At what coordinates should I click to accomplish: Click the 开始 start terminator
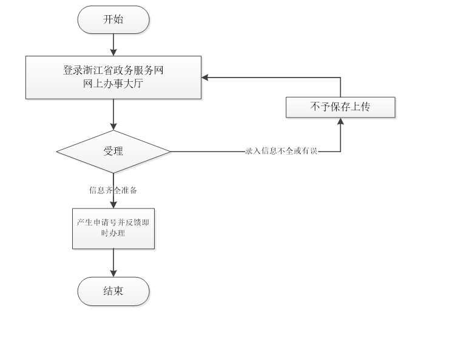tap(113, 19)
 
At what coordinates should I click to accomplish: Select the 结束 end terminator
tap(113, 291)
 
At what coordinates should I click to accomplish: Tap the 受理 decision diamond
tap(113, 152)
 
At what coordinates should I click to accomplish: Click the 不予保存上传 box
tap(340, 107)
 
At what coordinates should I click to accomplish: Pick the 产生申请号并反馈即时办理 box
tap(113, 228)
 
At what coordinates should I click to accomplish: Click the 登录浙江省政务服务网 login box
tap(113, 77)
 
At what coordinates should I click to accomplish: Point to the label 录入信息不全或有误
tap(281, 152)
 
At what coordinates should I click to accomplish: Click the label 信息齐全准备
tap(113, 190)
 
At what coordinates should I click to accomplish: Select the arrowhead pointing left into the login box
tap(206, 77)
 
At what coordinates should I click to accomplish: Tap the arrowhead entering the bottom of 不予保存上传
tap(340, 121)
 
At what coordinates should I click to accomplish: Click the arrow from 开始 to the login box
tap(113, 44)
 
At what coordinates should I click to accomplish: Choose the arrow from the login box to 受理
tap(113, 115)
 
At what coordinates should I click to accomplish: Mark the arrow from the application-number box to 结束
tap(113, 263)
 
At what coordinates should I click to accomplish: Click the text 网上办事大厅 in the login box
tap(113, 84)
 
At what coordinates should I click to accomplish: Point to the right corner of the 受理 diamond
tap(171, 152)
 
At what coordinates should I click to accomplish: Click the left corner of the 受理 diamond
tap(57, 152)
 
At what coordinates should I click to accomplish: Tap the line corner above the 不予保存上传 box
tap(340, 77)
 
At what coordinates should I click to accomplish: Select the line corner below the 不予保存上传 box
tap(340, 152)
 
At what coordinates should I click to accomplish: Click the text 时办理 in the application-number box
tap(113, 233)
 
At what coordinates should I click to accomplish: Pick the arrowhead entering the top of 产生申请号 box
tap(113, 205)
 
